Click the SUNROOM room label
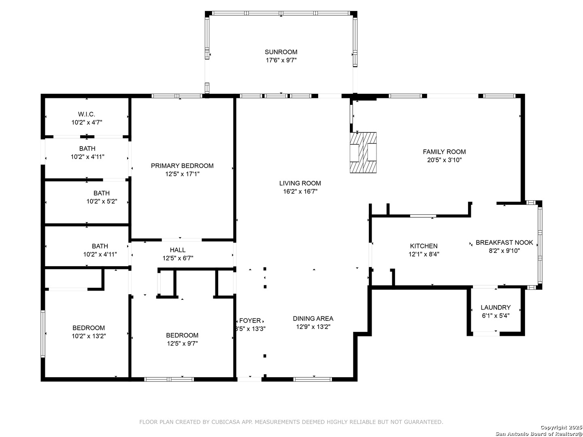pyautogui.click(x=281, y=52)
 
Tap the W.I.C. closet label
pyautogui.click(x=86, y=115)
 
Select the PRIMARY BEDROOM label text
pyautogui.click(x=182, y=166)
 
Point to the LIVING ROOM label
pyautogui.click(x=300, y=183)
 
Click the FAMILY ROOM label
pyautogui.click(x=444, y=152)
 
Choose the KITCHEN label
pyautogui.click(x=423, y=246)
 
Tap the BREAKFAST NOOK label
pyautogui.click(x=504, y=242)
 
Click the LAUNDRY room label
pyautogui.click(x=496, y=308)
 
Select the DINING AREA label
pyautogui.click(x=313, y=319)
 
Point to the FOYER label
pyautogui.click(x=250, y=321)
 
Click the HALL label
pyautogui.click(x=178, y=250)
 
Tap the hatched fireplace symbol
pyautogui.click(x=363, y=153)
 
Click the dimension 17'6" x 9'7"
pyautogui.click(x=281, y=60)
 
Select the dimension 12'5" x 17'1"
pyautogui.click(x=182, y=174)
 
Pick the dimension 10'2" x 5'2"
pyautogui.click(x=102, y=202)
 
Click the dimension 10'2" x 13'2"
pyautogui.click(x=89, y=336)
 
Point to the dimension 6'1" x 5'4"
pyautogui.click(x=496, y=316)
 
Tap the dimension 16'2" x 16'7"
pyautogui.click(x=300, y=191)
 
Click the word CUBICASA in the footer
pyautogui.click(x=226, y=422)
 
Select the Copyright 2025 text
pyautogui.click(x=561, y=427)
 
